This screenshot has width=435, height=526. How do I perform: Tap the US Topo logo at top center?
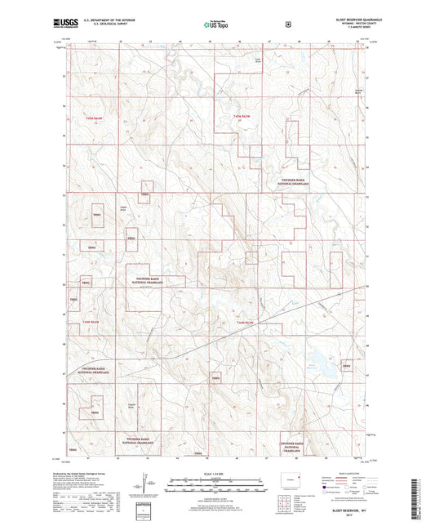click(x=216, y=25)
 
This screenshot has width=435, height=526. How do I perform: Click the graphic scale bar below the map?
click(x=216, y=484)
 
